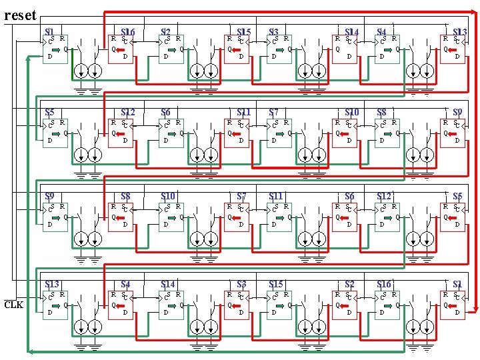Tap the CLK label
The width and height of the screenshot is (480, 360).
coord(13,305)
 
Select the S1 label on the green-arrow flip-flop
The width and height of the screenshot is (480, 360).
coord(49,32)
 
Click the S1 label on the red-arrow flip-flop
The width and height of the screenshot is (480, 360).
coord(457,285)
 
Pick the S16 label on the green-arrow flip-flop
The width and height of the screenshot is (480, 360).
coord(385,285)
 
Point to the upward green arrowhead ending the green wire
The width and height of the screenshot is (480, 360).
coord(27,59)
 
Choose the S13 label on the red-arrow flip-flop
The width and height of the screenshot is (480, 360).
coord(459,32)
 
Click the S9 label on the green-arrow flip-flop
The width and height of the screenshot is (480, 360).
coord(49,196)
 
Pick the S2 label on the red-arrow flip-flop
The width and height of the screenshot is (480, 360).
coord(349,285)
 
